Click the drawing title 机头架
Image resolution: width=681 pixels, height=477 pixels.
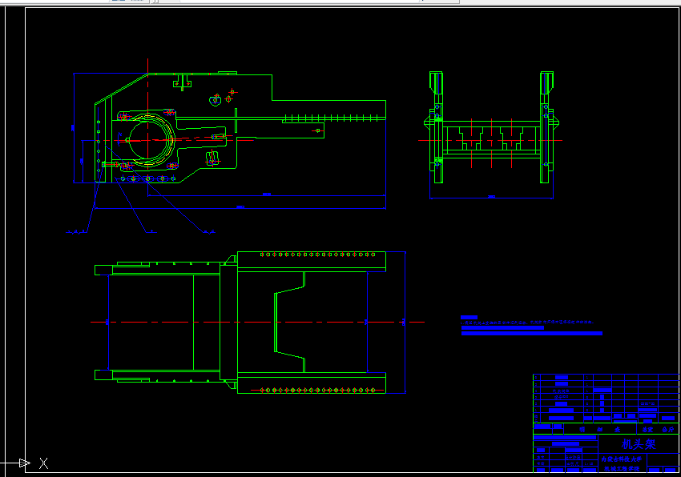pyautogui.click(x=639, y=444)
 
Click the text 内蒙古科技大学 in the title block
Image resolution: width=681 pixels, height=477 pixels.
pyautogui.click(x=620, y=459)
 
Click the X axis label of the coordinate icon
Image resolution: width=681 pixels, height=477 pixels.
pyautogui.click(x=44, y=463)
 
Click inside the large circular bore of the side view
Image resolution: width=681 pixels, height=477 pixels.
pyautogui.click(x=149, y=138)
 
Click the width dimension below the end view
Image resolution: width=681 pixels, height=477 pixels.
pyautogui.click(x=491, y=197)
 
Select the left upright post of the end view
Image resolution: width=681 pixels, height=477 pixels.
pyautogui.click(x=436, y=124)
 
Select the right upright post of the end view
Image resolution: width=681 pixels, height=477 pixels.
pyautogui.click(x=547, y=124)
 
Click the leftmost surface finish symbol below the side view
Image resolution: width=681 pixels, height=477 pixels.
pyautogui.click(x=75, y=232)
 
